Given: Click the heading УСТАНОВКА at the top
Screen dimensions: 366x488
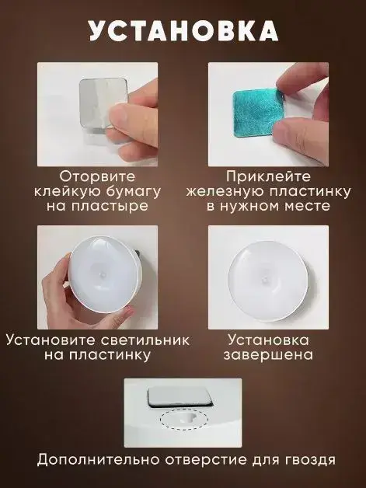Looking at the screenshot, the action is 183,31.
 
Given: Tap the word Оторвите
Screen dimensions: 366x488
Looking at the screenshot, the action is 97,176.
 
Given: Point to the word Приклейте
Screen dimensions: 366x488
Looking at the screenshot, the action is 268,176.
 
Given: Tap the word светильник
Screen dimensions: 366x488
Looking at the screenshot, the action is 145,340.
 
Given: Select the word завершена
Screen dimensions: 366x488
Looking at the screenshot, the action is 268,355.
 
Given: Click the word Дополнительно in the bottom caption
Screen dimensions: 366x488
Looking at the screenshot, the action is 99,460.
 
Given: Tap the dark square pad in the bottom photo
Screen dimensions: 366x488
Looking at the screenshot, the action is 180,397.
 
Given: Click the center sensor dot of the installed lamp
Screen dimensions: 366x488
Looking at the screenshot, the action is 264,281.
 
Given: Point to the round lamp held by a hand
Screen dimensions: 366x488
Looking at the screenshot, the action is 105,274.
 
